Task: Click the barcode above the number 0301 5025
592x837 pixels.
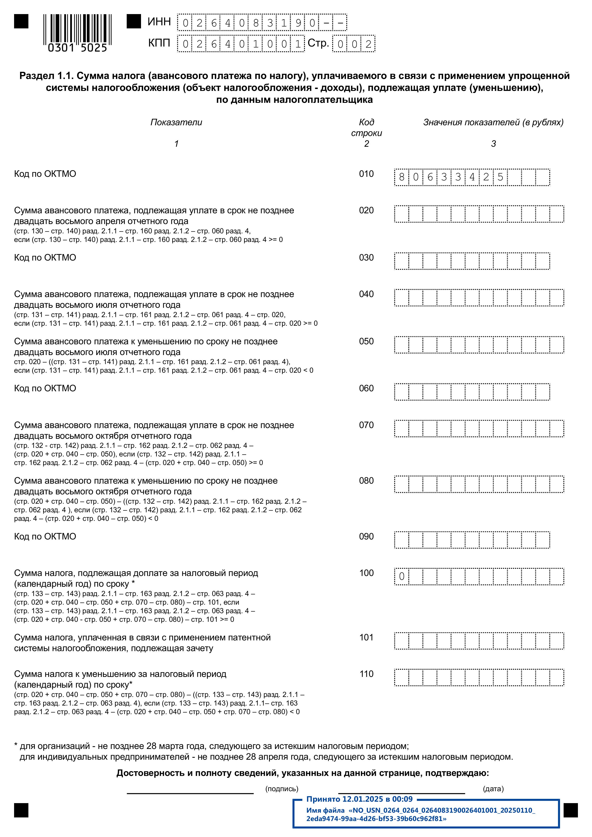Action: pos(77,28)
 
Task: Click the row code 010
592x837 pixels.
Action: pos(366,174)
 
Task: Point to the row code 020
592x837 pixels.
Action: pos(366,210)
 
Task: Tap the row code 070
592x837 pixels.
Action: pos(366,425)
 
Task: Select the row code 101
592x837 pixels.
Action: pos(366,637)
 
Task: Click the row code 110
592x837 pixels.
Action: pos(366,674)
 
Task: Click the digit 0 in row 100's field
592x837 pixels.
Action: pos(402,577)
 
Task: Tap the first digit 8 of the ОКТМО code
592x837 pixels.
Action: pos(402,177)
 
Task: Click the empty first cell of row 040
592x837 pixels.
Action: pos(402,298)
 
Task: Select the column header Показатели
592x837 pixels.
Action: pos(176,122)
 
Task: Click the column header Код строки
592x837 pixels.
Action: pos(366,128)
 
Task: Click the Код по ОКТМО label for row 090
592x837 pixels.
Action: pos(45,537)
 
